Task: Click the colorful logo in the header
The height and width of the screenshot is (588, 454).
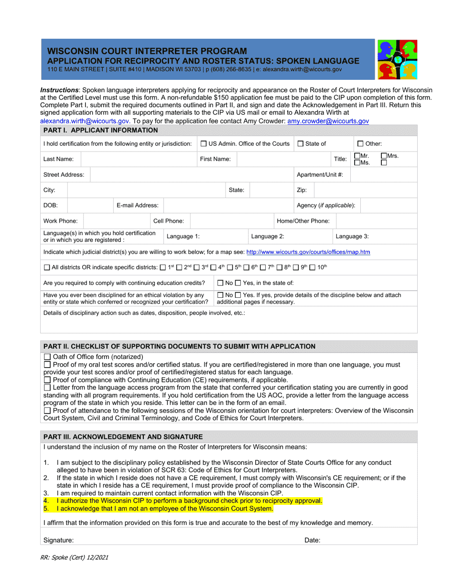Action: click(x=397, y=59)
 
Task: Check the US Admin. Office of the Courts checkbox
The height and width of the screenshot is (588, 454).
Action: click(x=204, y=144)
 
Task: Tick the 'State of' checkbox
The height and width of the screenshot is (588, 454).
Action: click(x=301, y=144)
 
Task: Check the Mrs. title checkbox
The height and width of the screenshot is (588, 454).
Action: click(x=384, y=156)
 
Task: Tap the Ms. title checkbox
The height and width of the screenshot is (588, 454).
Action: click(x=357, y=163)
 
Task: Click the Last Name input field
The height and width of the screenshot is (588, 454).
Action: click(x=139, y=159)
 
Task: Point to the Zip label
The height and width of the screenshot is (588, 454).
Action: click(x=302, y=190)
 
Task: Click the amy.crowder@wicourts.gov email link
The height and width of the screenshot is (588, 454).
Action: click(x=328, y=122)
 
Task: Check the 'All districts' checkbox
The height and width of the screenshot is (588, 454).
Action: click(x=47, y=268)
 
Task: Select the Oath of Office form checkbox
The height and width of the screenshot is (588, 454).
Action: click(x=47, y=357)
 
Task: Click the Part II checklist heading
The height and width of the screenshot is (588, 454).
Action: click(x=179, y=347)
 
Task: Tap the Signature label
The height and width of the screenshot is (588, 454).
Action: click(x=58, y=540)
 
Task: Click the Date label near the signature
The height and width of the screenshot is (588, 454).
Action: click(x=313, y=540)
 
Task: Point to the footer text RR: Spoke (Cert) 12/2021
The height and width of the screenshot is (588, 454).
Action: click(x=77, y=557)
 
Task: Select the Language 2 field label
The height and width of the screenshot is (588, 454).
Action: click(x=268, y=236)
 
